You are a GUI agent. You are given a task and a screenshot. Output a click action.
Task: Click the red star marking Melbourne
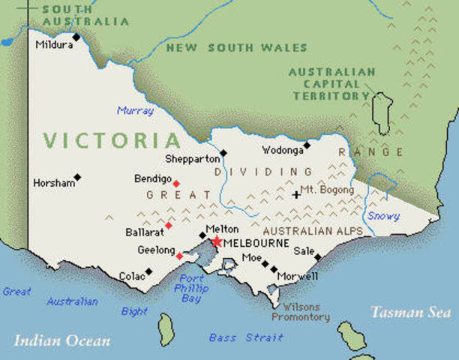coord(216,241)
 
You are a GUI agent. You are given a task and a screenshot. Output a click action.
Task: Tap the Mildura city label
coord(54,45)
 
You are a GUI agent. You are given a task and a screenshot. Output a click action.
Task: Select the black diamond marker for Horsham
coord(77,178)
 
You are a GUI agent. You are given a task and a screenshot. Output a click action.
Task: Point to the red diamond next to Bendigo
coord(176,184)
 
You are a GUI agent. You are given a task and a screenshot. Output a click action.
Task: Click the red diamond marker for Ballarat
coord(169,225)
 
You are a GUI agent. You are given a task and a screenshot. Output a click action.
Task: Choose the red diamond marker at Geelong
coord(179,256)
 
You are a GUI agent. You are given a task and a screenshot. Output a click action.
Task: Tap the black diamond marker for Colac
coord(148,271)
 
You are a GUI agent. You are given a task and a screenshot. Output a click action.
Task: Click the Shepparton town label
coord(193,159)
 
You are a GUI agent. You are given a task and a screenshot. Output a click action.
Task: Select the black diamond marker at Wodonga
coord(306,145)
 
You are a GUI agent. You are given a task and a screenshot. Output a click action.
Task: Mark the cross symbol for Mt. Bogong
coord(296,194)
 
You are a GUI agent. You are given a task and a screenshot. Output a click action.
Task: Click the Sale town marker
coord(318,257)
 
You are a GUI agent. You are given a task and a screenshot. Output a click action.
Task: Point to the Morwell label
coord(298,277)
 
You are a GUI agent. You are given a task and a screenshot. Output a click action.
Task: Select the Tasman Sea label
coord(410,312)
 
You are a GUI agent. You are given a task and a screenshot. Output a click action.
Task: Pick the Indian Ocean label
coord(62,341)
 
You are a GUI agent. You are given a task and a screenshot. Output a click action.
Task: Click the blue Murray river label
coord(135,111)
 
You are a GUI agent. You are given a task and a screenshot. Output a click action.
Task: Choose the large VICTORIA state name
coord(112,140)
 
